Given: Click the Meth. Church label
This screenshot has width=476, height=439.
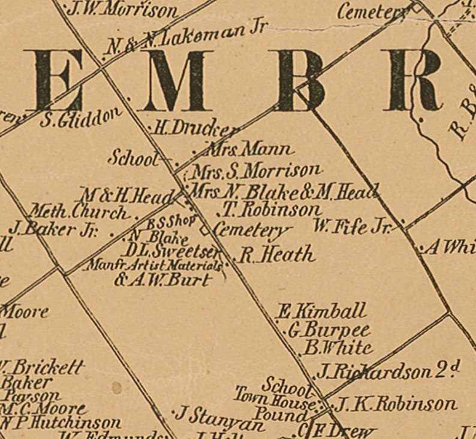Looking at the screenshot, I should click(79, 212).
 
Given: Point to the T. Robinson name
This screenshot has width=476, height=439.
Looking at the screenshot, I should click(272, 210).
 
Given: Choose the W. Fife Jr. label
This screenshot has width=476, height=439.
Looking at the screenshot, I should click(353, 226).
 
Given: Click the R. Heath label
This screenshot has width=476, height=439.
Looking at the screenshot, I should click(276, 255).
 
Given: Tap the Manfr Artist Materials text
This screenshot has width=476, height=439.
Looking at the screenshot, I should click(155, 264).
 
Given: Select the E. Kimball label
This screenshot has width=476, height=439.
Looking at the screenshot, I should click(321, 311).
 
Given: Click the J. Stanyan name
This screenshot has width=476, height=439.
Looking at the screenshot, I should click(219, 417).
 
